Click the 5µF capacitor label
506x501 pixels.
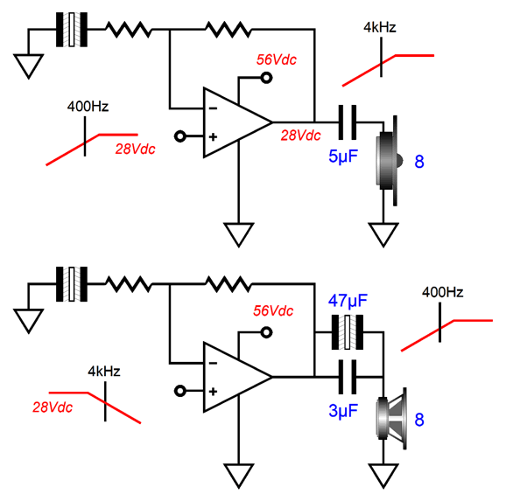click(343, 157)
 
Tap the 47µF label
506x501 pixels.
click(348, 301)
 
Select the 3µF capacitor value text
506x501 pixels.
click(343, 411)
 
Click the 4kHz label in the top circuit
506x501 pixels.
click(380, 27)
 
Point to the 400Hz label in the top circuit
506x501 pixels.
click(88, 107)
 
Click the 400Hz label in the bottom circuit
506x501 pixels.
click(442, 292)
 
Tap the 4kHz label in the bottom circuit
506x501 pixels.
click(104, 372)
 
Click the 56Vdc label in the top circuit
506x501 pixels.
click(277, 59)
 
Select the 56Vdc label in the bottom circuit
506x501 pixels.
click(273, 310)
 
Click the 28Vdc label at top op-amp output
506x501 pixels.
click(300, 136)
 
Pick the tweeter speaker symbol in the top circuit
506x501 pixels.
click(389, 161)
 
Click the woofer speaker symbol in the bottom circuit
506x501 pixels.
click(391, 419)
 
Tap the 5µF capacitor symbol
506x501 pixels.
click(348, 122)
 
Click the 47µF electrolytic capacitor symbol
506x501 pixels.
click(348, 332)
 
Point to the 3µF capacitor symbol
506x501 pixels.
click(348, 377)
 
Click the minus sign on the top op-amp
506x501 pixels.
click(213, 108)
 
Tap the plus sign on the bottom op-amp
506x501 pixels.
click(213, 392)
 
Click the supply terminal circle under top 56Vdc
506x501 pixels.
click(266, 78)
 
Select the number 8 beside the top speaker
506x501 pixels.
click(418, 161)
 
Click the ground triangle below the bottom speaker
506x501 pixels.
click(383, 476)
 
